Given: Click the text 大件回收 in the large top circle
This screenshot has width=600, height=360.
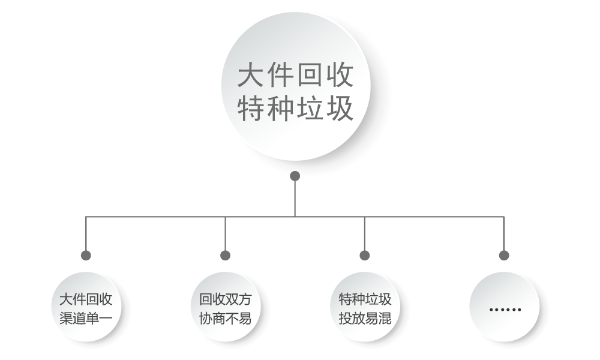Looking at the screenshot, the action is [x=295, y=75].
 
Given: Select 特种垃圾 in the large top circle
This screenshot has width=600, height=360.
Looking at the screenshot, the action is [x=295, y=109].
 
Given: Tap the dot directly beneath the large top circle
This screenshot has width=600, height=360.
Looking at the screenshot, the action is [x=295, y=176].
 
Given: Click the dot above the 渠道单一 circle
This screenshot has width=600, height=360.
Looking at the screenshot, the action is [x=86, y=255].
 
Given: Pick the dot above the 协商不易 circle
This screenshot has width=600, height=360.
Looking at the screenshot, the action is [x=225, y=255].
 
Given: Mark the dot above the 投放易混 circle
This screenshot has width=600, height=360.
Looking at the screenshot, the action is [x=365, y=255].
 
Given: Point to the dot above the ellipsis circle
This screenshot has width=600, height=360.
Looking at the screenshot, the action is [x=504, y=255].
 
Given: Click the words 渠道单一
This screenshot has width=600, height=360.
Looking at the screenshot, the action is [x=86, y=318].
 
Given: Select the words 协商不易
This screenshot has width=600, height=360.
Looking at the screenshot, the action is [x=225, y=318].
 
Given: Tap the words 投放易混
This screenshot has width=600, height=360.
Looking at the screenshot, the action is [x=365, y=318].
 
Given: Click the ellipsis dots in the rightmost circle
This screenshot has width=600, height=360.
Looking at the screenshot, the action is [x=505, y=310].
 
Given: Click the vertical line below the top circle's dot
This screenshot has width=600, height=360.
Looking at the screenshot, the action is [x=295, y=199].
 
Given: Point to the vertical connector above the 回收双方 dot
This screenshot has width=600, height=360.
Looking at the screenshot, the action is [x=225, y=234].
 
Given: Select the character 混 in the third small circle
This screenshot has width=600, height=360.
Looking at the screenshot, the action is [x=385, y=318].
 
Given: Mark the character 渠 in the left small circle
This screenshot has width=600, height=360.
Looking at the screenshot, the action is [x=66, y=318].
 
